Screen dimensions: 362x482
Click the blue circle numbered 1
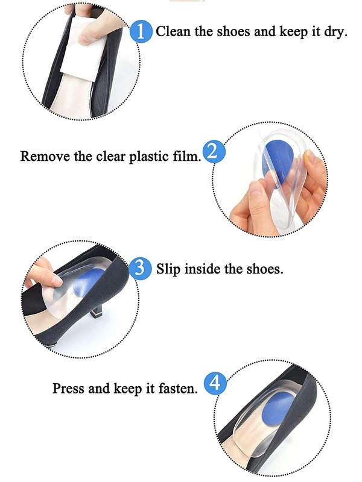(141, 31)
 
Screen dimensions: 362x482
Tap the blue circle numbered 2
(214, 152)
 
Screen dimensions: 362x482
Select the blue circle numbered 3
(140, 268)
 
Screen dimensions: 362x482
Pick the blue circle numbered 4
(215, 383)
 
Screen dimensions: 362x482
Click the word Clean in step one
(173, 31)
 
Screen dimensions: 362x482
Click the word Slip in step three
(168, 269)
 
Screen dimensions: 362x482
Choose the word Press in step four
(68, 388)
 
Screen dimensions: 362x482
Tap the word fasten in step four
(177, 388)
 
